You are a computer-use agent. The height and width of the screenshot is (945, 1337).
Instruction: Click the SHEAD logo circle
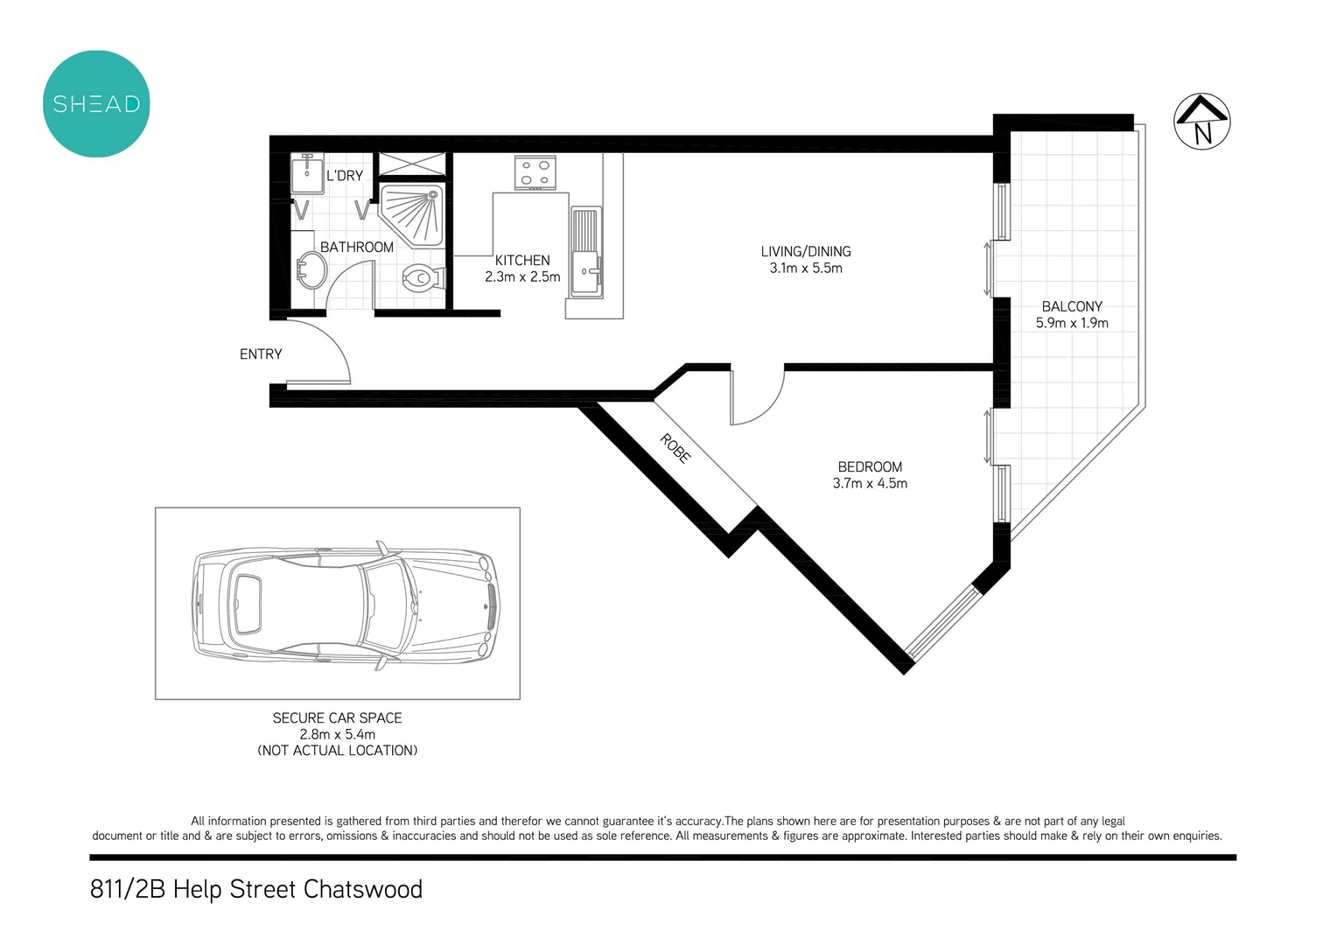click(x=96, y=104)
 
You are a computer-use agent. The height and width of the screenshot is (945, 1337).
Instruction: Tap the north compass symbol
click(x=1201, y=122)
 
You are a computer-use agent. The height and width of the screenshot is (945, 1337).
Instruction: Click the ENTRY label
click(x=261, y=354)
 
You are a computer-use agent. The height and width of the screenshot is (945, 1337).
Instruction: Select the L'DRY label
click(x=344, y=176)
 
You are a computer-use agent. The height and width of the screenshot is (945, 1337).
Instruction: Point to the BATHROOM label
click(x=356, y=248)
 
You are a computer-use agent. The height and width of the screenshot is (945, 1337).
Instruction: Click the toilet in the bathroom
click(x=421, y=278)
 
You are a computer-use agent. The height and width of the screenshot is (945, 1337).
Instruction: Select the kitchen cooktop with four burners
click(x=535, y=172)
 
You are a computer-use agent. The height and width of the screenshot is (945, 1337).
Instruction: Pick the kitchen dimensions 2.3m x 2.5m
click(x=522, y=277)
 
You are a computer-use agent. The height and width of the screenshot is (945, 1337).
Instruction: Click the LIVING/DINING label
click(x=805, y=252)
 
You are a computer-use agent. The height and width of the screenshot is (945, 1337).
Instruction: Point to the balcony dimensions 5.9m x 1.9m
click(x=1072, y=323)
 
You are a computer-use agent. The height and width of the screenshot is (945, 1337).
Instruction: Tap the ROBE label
click(x=675, y=448)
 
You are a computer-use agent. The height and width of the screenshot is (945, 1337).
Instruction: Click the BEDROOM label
click(x=870, y=467)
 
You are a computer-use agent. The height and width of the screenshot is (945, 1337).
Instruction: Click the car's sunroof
click(x=246, y=604)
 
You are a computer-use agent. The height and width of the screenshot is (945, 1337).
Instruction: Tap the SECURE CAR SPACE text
click(x=337, y=718)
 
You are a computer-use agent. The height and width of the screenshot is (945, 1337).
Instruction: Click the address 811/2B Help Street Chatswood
click(x=256, y=890)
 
